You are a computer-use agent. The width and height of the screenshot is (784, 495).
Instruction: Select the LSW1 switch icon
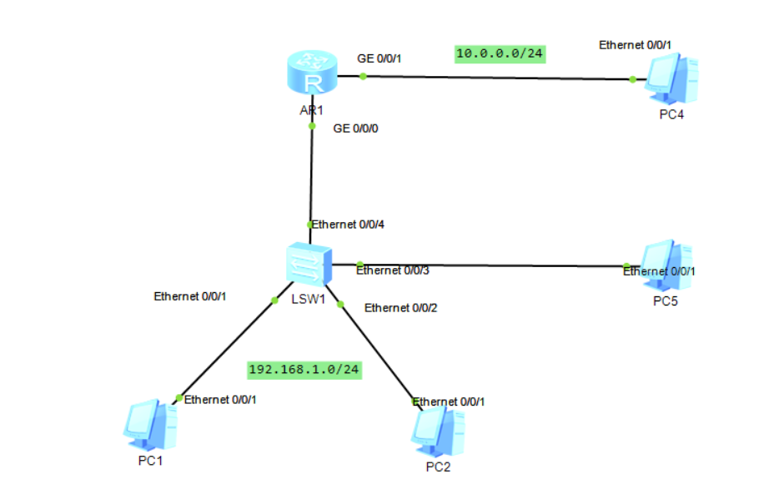click(308, 266)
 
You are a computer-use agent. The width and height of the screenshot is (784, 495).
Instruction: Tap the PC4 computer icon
click(671, 80)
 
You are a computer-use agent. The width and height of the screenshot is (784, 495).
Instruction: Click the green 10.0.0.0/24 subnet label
click(500, 53)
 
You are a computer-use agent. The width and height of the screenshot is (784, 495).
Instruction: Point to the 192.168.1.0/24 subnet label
click(304, 369)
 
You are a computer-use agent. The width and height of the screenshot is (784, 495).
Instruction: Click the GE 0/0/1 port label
click(379, 58)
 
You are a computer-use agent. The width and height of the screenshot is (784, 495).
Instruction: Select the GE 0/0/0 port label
click(356, 129)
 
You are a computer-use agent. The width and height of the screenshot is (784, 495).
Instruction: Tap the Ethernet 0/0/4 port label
click(348, 225)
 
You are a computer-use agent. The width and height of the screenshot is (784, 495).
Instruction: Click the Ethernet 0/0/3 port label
click(392, 270)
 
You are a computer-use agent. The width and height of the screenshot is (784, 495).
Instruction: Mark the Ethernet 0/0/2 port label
click(400, 308)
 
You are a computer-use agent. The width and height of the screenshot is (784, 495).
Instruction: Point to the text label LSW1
click(308, 300)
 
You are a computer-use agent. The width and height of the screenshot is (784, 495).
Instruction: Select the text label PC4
click(671, 114)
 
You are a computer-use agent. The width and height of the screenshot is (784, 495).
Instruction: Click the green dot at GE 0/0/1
click(364, 77)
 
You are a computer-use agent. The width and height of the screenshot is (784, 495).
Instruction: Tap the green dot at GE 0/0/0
click(311, 127)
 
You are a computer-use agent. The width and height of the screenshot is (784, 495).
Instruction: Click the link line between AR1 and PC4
click(500, 78)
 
